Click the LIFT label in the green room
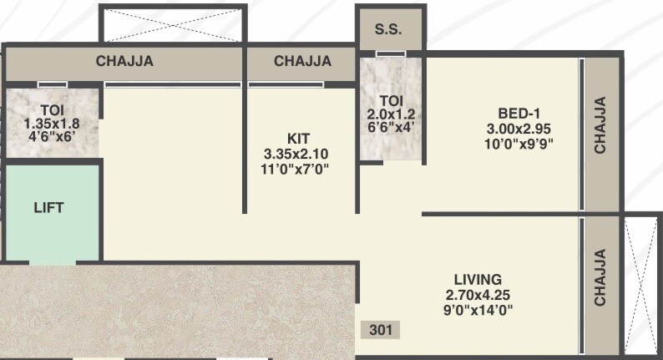click(48, 207)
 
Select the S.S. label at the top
click(388, 28)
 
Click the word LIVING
click(478, 279)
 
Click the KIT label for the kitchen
click(298, 138)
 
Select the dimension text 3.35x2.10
click(296, 154)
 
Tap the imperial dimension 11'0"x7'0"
click(296, 169)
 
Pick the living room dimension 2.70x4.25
click(478, 294)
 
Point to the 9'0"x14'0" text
click(478, 310)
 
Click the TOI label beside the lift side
click(54, 109)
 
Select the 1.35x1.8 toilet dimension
click(54, 124)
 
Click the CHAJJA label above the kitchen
click(302, 61)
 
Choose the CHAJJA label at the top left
click(125, 61)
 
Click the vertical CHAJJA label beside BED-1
click(600, 125)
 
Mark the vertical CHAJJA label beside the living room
click(600, 277)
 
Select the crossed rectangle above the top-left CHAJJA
click(172, 23)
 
